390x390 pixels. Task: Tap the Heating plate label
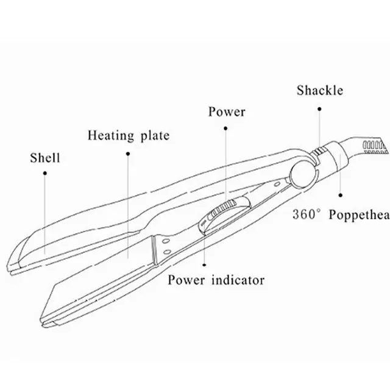point(128,135)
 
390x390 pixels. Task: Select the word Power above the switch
point(226,112)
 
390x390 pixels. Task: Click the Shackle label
point(320,91)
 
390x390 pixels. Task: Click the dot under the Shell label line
point(45,173)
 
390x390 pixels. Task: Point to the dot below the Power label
point(226,129)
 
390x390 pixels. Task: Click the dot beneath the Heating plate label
point(127,153)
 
